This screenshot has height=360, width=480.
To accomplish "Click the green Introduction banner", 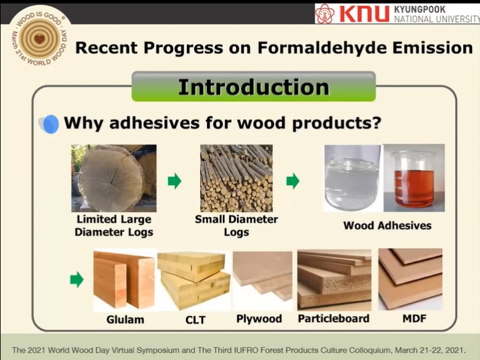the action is pyautogui.click(x=254, y=87).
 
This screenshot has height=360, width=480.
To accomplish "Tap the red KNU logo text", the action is pyautogui.click(x=364, y=14).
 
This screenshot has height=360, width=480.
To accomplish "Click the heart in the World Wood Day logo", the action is pyautogui.click(x=40, y=39).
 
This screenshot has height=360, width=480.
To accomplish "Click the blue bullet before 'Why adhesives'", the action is pyautogui.click(x=50, y=124).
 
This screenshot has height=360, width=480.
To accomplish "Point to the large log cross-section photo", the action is pyautogui.click(x=114, y=178).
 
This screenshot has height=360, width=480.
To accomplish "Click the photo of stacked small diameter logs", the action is pyautogui.click(x=236, y=178).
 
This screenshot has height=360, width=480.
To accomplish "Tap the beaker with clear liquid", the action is pyautogui.click(x=352, y=178).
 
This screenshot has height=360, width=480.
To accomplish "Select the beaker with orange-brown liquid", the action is pyautogui.click(x=414, y=178).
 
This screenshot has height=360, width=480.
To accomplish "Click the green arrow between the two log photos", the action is pyautogui.click(x=174, y=181).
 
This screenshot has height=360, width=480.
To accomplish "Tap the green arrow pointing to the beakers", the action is pyautogui.click(x=293, y=181).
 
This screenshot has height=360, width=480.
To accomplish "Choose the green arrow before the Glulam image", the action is pyautogui.click(x=76, y=279).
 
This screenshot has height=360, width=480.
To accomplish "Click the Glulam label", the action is pyautogui.click(x=125, y=320).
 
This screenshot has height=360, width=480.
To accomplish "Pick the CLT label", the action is pyautogui.click(x=195, y=320).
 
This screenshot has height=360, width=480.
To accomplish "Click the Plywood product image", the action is pyautogui.click(x=263, y=280).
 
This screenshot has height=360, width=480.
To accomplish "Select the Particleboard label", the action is pyautogui.click(x=334, y=318).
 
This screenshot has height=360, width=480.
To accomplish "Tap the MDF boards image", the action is pyautogui.click(x=411, y=279).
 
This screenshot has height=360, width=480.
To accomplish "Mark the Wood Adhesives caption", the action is pyautogui.click(x=387, y=225).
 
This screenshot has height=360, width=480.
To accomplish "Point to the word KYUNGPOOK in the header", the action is pyautogui.click(x=419, y=9).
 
